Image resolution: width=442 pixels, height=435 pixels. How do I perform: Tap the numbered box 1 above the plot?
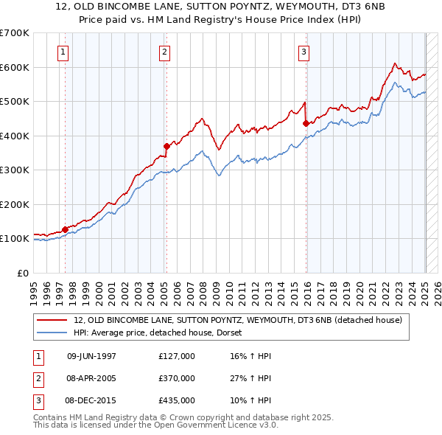point(64,52)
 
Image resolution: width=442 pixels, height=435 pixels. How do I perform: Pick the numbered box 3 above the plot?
point(304,52)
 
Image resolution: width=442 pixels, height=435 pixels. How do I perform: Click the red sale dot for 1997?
point(65,229)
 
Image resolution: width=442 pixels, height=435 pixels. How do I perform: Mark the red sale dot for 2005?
point(166,146)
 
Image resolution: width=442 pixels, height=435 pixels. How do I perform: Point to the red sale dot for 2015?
point(306,124)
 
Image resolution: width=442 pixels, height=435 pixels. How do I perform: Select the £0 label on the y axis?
point(22,273)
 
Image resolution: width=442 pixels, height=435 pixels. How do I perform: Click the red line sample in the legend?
point(53,320)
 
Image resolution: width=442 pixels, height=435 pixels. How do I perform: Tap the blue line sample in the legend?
point(53,333)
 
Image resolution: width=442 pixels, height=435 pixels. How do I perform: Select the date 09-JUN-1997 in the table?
point(91,357)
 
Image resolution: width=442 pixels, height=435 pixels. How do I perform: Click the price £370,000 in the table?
point(177,378)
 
